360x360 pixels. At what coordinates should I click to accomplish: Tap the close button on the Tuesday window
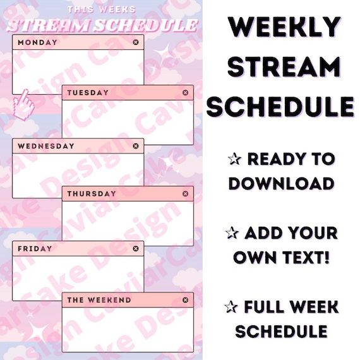[185, 93]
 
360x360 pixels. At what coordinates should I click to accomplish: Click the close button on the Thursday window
[185, 194]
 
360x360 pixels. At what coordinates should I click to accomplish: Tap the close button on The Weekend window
[185, 300]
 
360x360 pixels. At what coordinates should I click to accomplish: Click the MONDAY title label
[37, 42]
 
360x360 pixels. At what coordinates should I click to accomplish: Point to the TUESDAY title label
[88, 93]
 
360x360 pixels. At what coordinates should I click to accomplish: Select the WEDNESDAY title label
[46, 146]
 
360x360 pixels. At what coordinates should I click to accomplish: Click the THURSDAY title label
[92, 194]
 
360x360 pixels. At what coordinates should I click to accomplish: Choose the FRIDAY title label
[35, 249]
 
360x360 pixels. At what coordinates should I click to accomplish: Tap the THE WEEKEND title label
[99, 300]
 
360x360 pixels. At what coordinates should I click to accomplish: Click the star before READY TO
[231, 159]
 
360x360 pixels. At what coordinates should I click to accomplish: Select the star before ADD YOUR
[231, 233]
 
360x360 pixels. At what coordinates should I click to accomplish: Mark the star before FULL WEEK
[231, 308]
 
